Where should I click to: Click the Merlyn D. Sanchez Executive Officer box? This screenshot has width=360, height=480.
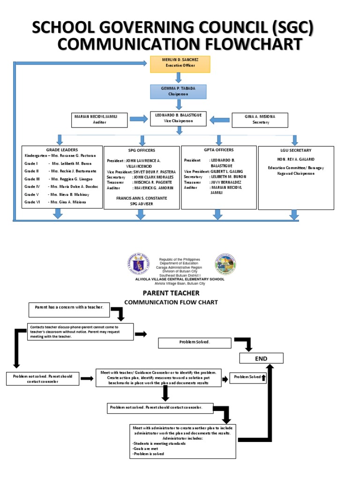pyautogui.click(x=180, y=64)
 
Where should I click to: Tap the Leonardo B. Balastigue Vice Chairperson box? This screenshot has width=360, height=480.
pyautogui.click(x=178, y=118)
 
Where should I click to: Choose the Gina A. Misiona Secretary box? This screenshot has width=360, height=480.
pyautogui.click(x=260, y=120)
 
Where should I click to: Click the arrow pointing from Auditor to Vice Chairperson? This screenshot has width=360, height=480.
pyautogui.click(x=139, y=120)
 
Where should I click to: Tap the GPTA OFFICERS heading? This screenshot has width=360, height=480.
pyautogui.click(x=218, y=150)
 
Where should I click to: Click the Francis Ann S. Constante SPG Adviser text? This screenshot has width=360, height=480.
pyautogui.click(x=142, y=201)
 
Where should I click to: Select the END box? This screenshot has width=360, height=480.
pyautogui.click(x=262, y=359)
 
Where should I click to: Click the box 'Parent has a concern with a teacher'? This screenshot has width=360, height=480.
pyautogui.click(x=69, y=307)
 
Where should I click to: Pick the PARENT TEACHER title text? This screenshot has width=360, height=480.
pyautogui.click(x=171, y=293)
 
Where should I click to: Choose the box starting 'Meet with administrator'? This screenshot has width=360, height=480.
pyautogui.click(x=183, y=441)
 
